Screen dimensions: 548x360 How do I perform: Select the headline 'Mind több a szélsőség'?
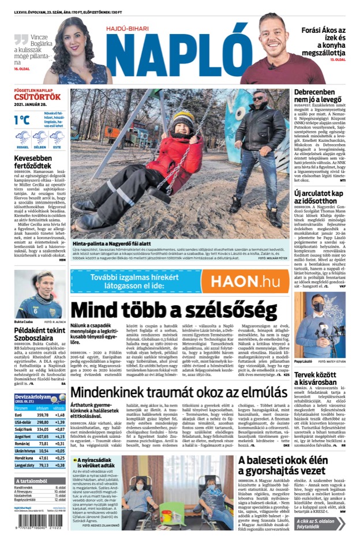(173, 311)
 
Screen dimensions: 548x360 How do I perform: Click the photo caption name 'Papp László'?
(303, 361)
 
